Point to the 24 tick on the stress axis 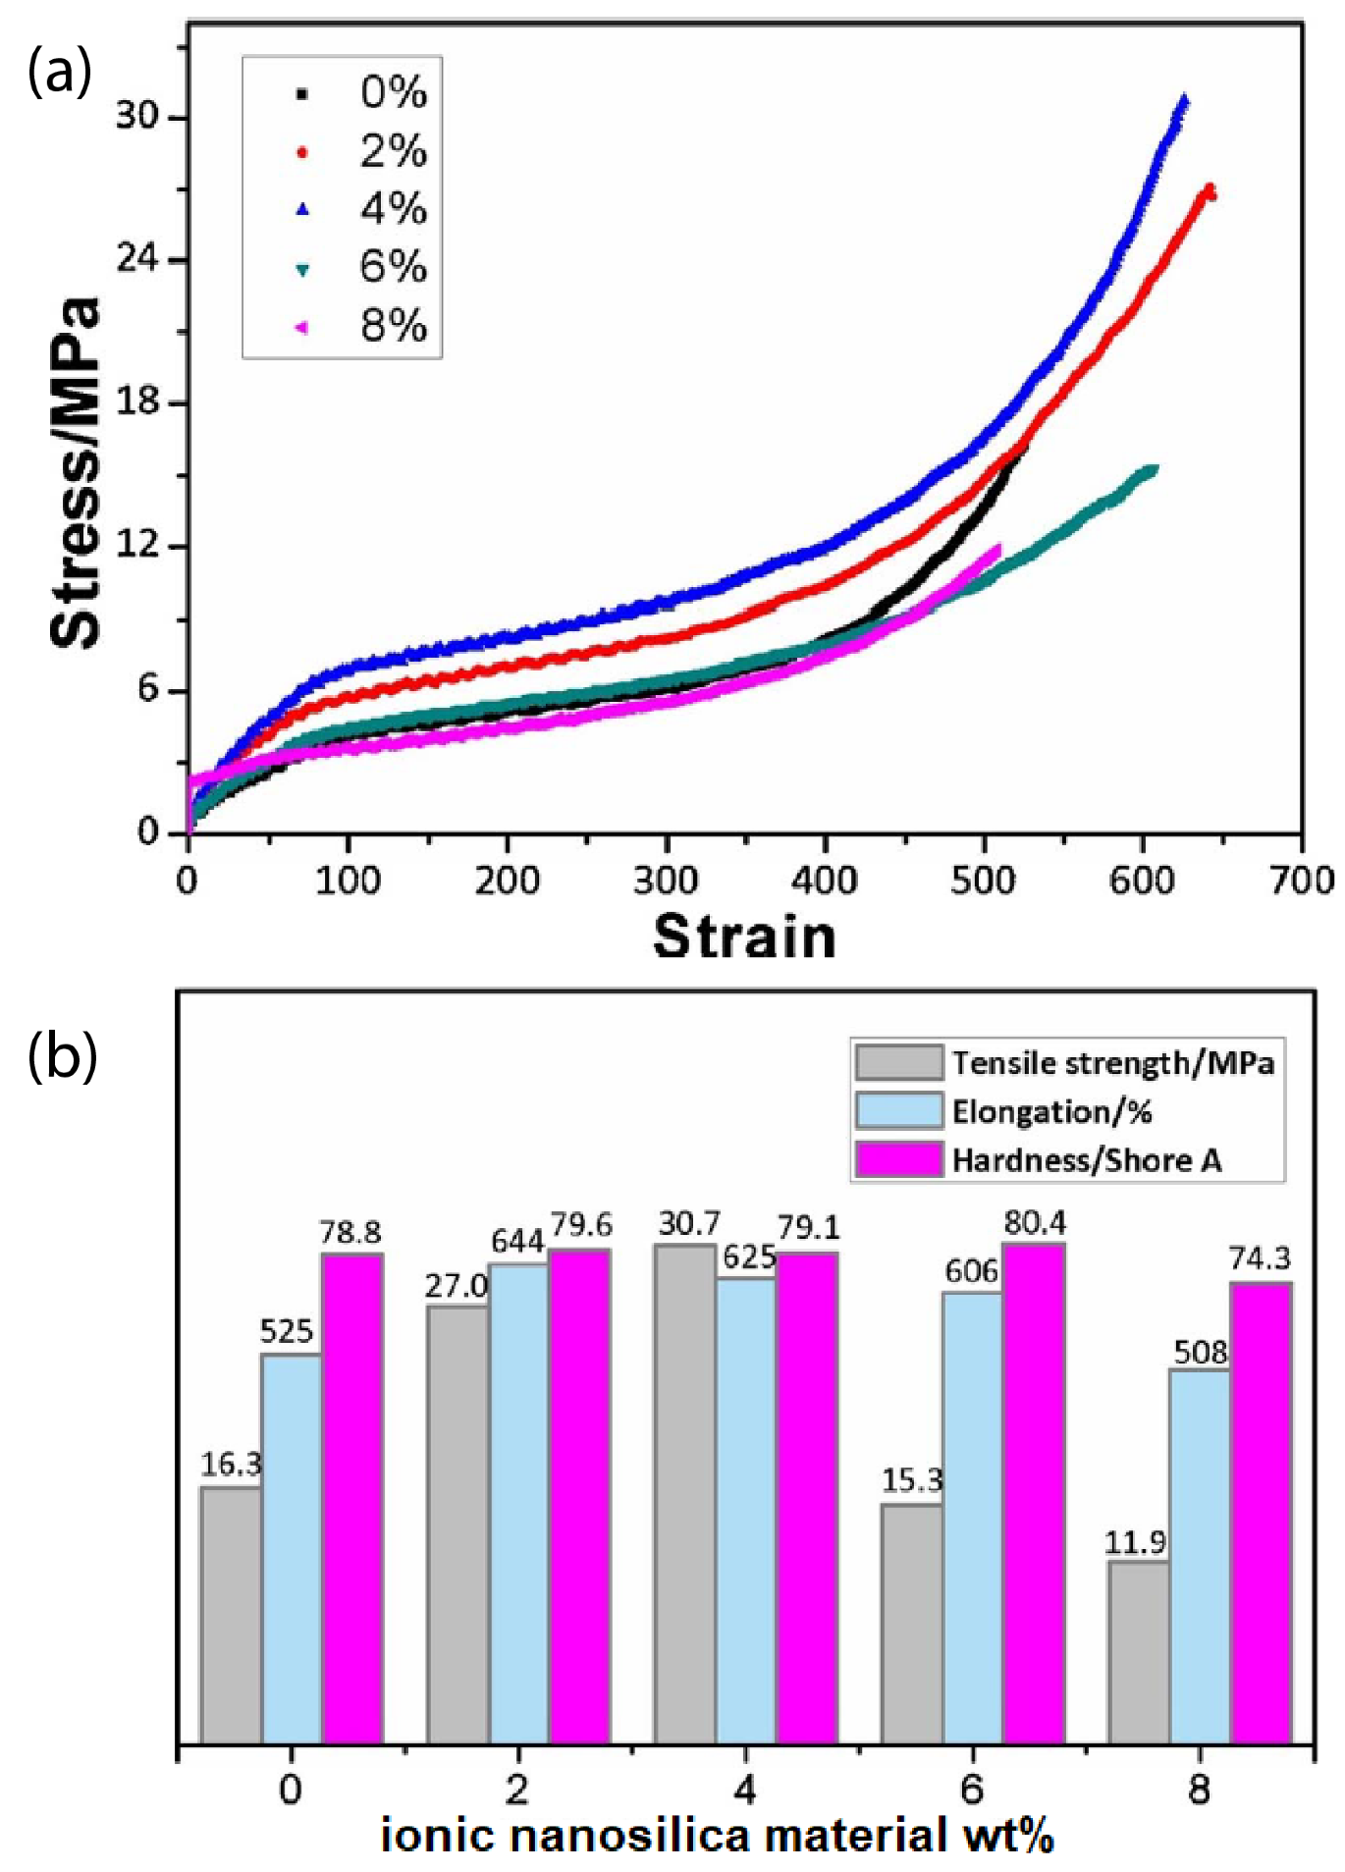tap(137, 259)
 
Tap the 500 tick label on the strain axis tap(983, 881)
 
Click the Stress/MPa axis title tap(76, 471)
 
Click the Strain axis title tap(744, 936)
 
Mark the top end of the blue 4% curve tap(1184, 99)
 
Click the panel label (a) tap(59, 73)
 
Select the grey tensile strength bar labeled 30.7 tap(684, 1492)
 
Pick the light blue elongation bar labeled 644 tap(518, 1502)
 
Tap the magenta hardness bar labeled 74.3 tap(1261, 1512)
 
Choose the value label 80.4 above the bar tap(1035, 1223)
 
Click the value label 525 tap(286, 1332)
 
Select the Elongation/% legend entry tap(1050, 1111)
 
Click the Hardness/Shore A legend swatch tap(898, 1159)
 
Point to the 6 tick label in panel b tap(972, 1790)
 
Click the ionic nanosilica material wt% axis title tap(717, 1837)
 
